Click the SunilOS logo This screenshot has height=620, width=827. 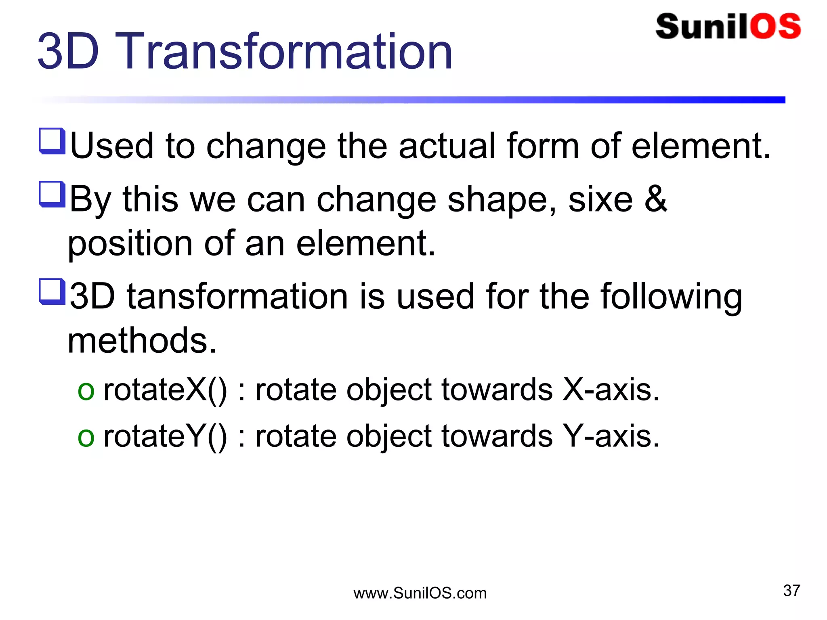tap(728, 27)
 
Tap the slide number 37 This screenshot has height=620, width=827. tap(791, 591)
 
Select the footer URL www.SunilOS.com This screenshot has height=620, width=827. tap(420, 593)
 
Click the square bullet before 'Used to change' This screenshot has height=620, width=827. tap(52, 141)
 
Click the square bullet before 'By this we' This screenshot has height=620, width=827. tap(52, 194)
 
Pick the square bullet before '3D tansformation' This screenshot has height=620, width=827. tap(52, 291)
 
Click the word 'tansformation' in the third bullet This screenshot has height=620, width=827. tap(237, 297)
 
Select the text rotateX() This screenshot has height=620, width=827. tap(165, 390)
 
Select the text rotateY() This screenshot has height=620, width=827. tap(165, 437)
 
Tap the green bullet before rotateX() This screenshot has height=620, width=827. tap(86, 392)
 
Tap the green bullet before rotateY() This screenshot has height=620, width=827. tap(86, 438)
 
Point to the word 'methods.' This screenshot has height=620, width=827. tap(142, 341)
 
